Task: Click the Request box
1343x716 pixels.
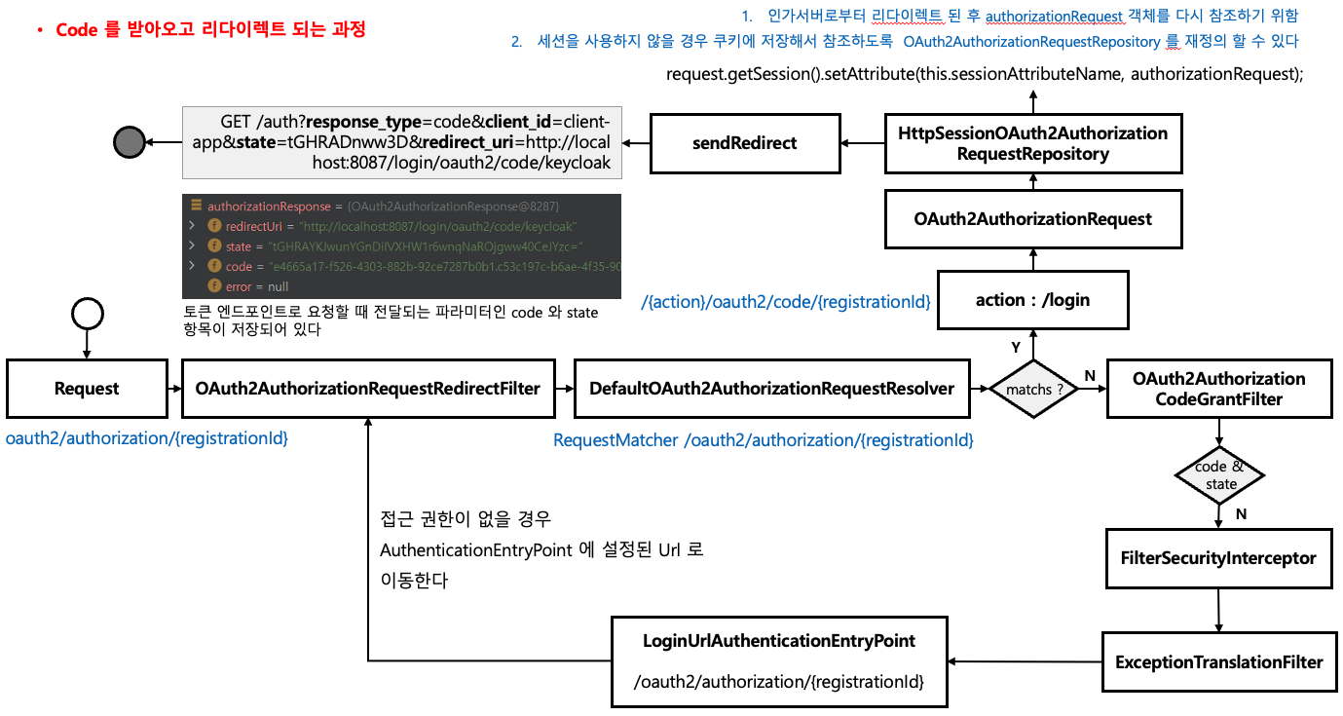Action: (x=87, y=389)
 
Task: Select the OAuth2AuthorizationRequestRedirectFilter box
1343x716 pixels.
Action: (x=367, y=389)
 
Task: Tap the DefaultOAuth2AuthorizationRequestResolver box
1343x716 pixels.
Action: (x=771, y=389)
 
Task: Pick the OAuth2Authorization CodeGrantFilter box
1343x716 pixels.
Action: (x=1218, y=389)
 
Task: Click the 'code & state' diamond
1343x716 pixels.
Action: (x=1219, y=476)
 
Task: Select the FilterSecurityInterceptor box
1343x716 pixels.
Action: (x=1218, y=558)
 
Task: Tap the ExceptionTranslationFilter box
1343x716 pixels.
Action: (x=1218, y=662)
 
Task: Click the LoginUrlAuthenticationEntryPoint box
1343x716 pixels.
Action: (x=779, y=661)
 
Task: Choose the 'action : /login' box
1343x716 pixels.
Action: (x=1032, y=300)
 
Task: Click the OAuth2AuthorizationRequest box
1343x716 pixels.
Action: (x=1032, y=219)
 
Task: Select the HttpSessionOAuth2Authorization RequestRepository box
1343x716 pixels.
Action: (x=1032, y=143)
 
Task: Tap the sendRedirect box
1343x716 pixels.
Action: (x=744, y=143)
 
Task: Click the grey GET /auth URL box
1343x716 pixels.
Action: (x=401, y=143)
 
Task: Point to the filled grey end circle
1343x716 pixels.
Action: (x=130, y=142)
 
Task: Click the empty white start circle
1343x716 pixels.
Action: (x=87, y=313)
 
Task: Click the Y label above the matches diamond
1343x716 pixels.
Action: (x=1016, y=348)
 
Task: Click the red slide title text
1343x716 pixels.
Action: (x=210, y=30)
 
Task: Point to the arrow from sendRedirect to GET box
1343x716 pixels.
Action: (x=635, y=143)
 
